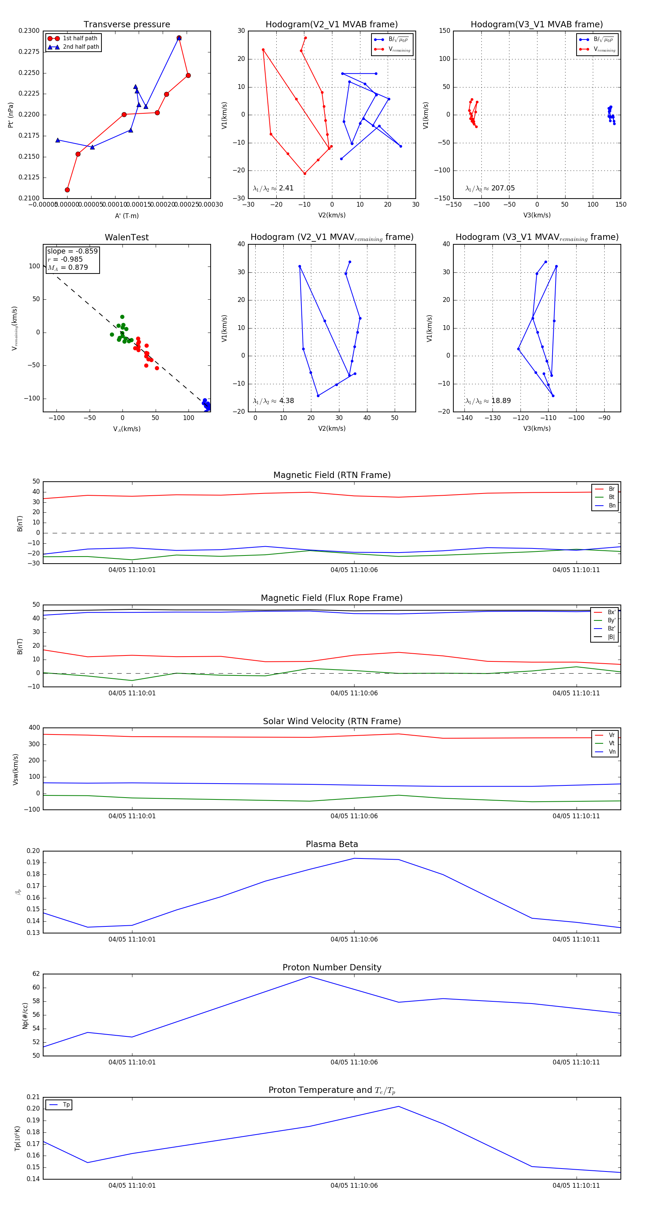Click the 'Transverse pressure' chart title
point(127,25)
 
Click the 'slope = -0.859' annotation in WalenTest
point(72,251)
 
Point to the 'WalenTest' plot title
point(127,237)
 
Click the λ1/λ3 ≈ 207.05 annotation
point(490,188)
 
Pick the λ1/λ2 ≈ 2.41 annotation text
point(273,188)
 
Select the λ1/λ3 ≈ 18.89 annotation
point(488,401)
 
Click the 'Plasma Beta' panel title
point(332,844)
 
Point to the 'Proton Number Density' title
point(332,967)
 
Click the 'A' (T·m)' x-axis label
point(127,216)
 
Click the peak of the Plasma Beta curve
point(355,859)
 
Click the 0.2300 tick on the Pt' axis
point(29,31)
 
